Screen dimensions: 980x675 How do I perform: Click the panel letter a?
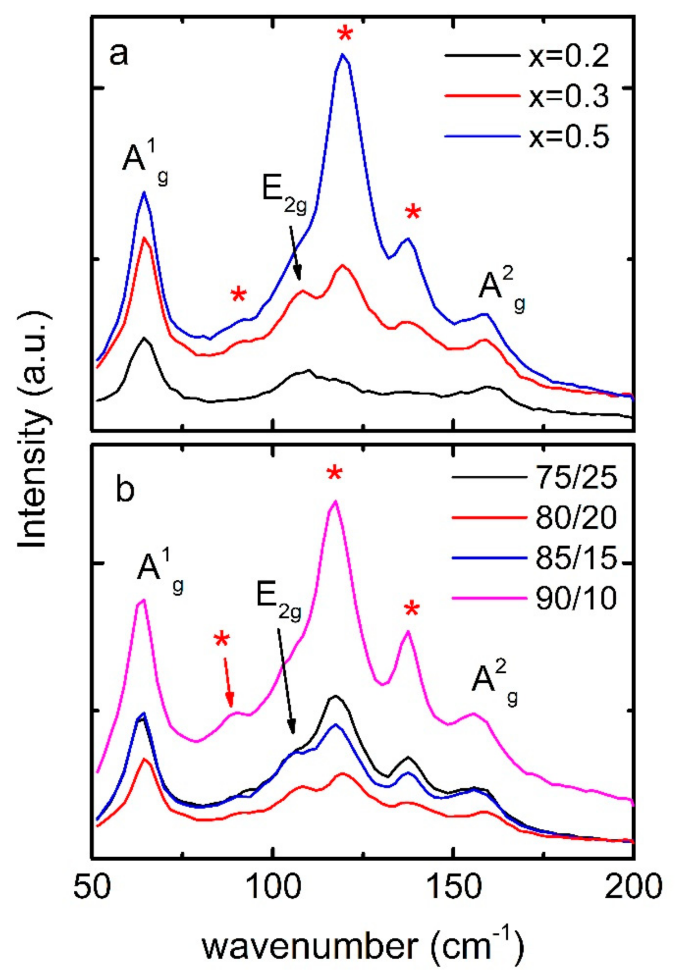tap(119, 55)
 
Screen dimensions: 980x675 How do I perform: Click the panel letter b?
tap(125, 490)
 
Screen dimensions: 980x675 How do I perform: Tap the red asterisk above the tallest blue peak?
tap(345, 33)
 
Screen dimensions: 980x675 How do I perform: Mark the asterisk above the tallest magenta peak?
tap(335, 473)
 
